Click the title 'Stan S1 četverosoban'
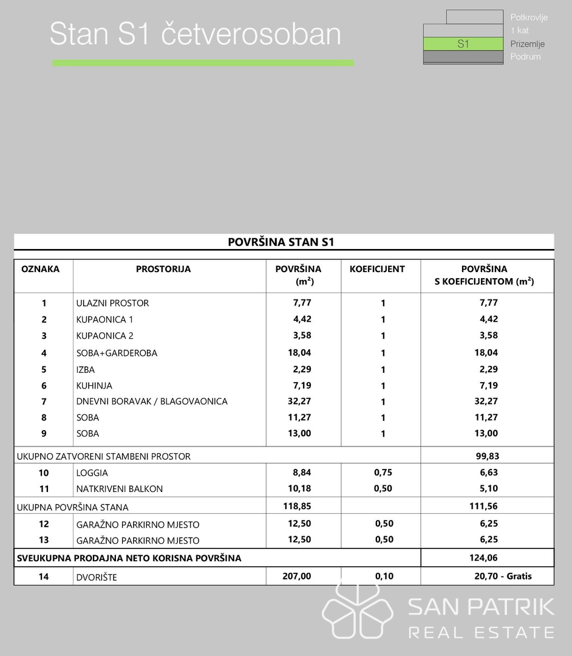[x=195, y=35]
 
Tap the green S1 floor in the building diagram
[x=463, y=44]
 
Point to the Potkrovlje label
[x=529, y=18]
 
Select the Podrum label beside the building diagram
[x=525, y=56]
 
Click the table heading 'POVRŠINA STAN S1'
[x=281, y=242]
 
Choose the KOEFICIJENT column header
[x=377, y=269]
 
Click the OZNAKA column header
[x=41, y=269]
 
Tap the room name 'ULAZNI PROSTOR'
[x=112, y=303]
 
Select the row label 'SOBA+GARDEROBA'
[x=117, y=353]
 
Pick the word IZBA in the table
[x=86, y=369]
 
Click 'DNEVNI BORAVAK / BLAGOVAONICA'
[x=152, y=401]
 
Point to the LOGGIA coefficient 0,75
[x=383, y=473]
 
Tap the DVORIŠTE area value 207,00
[x=297, y=576]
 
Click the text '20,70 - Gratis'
[x=503, y=576]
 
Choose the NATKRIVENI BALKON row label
[x=120, y=489]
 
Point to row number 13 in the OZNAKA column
[x=44, y=540]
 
